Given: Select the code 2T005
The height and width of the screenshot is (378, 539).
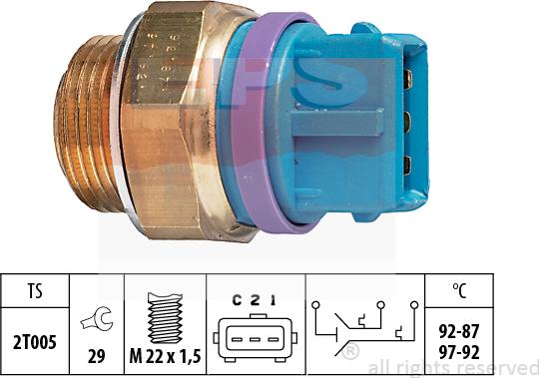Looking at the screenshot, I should (33, 339).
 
